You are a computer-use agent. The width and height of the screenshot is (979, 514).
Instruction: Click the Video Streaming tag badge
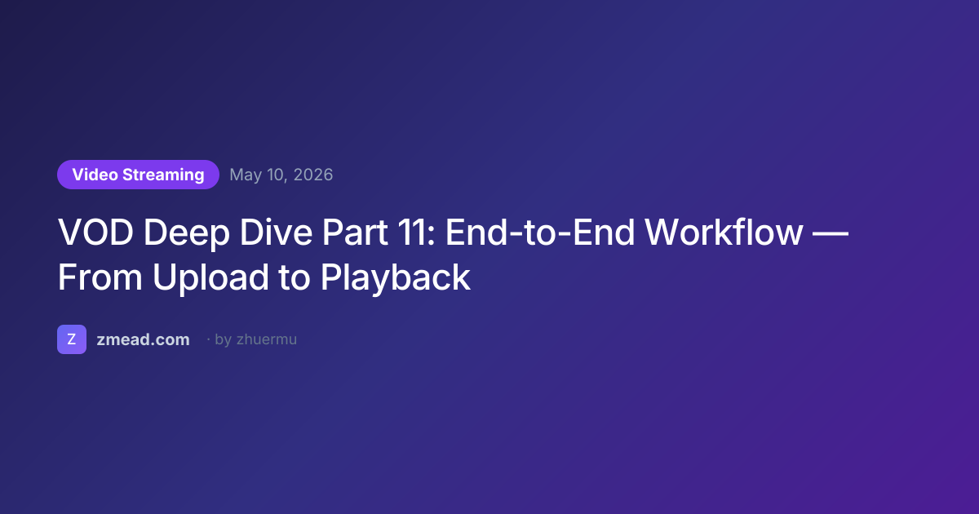pyautogui.click(x=138, y=175)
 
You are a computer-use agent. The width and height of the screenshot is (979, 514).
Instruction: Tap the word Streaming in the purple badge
pyautogui.click(x=163, y=175)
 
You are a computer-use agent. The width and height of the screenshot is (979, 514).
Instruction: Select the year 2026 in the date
pyautogui.click(x=313, y=175)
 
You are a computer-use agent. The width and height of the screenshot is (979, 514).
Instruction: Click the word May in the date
pyautogui.click(x=246, y=175)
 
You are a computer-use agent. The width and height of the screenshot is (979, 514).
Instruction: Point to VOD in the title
pyautogui.click(x=95, y=232)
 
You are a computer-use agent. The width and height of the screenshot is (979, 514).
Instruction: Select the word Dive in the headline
pyautogui.click(x=276, y=232)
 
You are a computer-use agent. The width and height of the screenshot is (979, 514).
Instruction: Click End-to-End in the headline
pyautogui.click(x=540, y=232)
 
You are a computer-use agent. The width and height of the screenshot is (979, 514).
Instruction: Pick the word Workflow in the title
pyautogui.click(x=724, y=232)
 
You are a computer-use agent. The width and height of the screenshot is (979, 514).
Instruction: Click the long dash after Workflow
pyautogui.click(x=831, y=234)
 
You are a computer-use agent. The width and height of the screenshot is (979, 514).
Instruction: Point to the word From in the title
pyautogui.click(x=100, y=277)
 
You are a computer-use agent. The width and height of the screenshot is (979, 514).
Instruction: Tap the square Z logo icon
pyautogui.click(x=72, y=339)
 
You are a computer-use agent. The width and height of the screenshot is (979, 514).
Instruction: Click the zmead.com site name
pyautogui.click(x=143, y=339)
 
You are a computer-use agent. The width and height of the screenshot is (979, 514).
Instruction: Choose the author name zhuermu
pyautogui.click(x=267, y=339)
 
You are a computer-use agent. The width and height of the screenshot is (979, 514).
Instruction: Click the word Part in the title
pyautogui.click(x=355, y=232)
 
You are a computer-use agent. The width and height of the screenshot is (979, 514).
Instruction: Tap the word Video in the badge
pyautogui.click(x=95, y=175)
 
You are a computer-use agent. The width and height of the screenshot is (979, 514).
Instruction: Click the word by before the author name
pyautogui.click(x=224, y=340)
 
